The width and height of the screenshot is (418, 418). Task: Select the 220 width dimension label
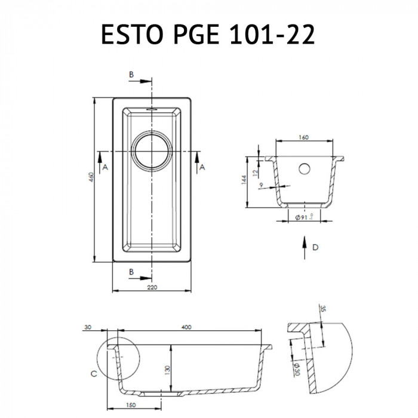point(152,288)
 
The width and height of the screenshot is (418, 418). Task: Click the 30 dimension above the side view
point(88,327)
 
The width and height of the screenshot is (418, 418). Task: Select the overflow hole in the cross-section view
point(304,168)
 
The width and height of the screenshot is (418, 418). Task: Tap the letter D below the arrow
point(315,247)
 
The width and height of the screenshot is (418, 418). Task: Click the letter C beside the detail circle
point(93,374)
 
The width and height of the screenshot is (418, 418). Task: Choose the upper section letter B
point(131,75)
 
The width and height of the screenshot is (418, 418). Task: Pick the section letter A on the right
point(202,168)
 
